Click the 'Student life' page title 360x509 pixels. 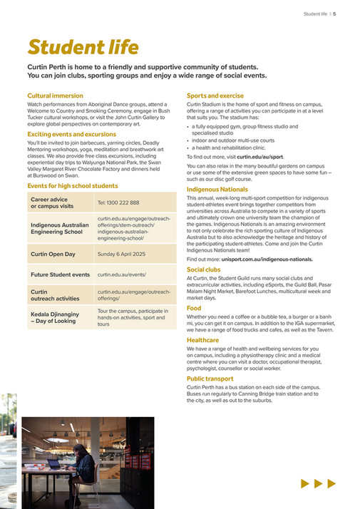(x=83, y=47)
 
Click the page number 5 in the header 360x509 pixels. (x=334, y=14)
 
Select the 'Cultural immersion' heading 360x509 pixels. (x=55, y=96)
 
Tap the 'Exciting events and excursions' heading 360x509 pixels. (x=71, y=134)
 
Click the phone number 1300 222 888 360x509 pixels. (x=118, y=203)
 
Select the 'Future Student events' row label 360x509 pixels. (x=60, y=274)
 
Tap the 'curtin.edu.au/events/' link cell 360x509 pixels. (x=121, y=274)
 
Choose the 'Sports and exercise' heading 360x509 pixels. (x=215, y=96)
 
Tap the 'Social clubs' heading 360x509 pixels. (x=204, y=270)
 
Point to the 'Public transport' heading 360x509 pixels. (x=210, y=379)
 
